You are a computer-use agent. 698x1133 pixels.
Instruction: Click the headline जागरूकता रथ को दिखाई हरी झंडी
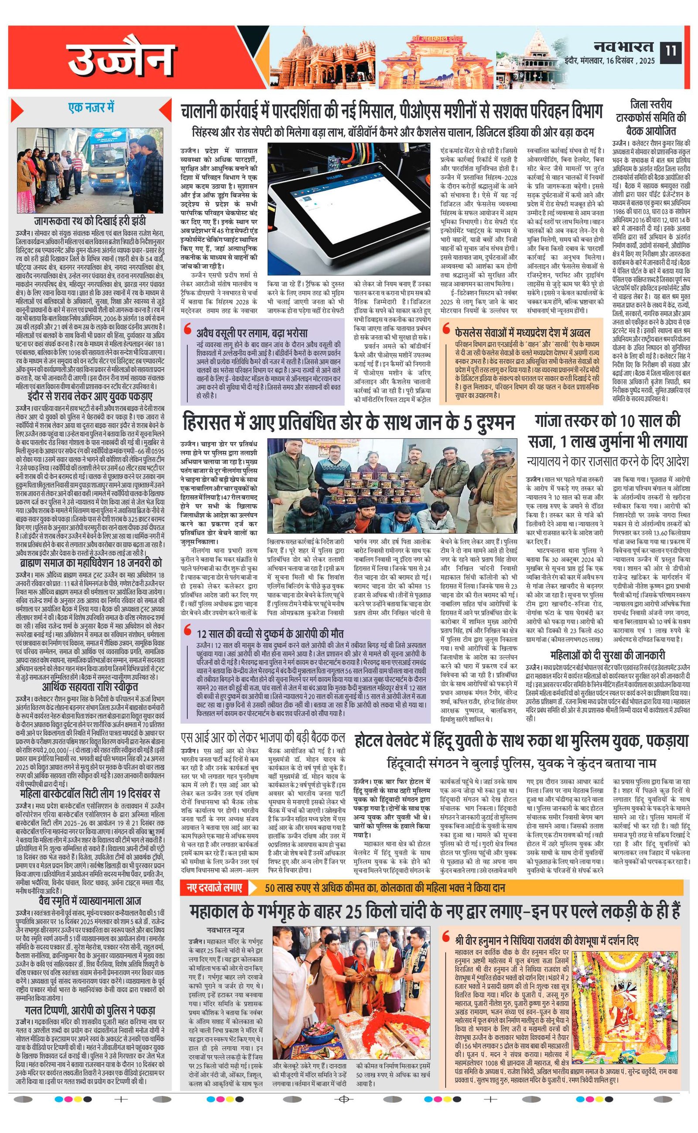(x=90, y=221)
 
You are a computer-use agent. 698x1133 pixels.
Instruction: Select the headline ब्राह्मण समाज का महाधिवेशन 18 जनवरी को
(x=90, y=563)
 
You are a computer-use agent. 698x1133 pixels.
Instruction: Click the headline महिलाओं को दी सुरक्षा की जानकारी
(x=608, y=655)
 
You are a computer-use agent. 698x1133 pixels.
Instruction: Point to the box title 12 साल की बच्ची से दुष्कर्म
(x=270, y=633)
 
